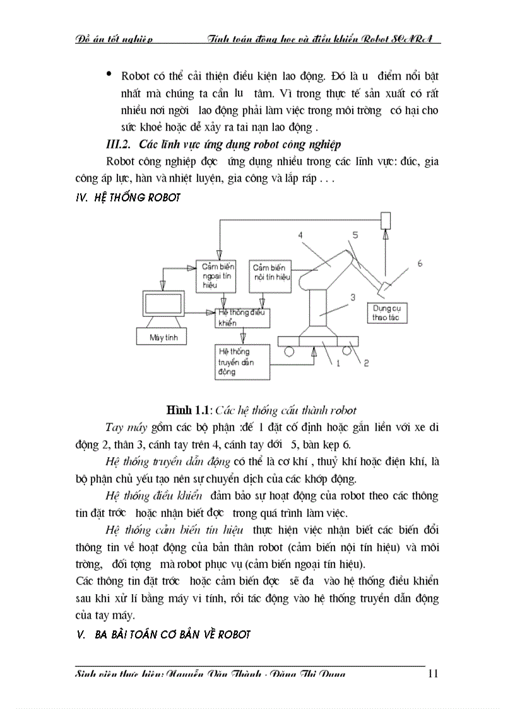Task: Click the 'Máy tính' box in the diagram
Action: point(163,337)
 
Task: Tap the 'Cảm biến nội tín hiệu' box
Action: point(270,276)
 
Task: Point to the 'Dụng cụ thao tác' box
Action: point(389,313)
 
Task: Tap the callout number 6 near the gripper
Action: point(420,263)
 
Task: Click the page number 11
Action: point(432,673)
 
